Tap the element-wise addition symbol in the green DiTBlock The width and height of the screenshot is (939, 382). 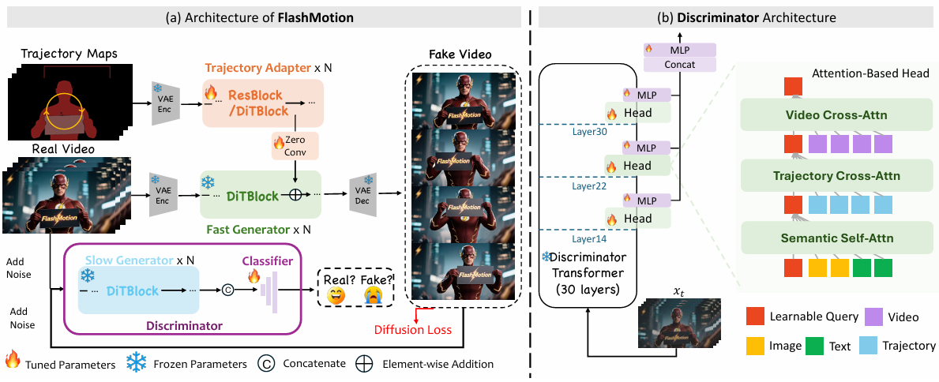294,196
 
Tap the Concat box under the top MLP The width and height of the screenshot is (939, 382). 679,64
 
